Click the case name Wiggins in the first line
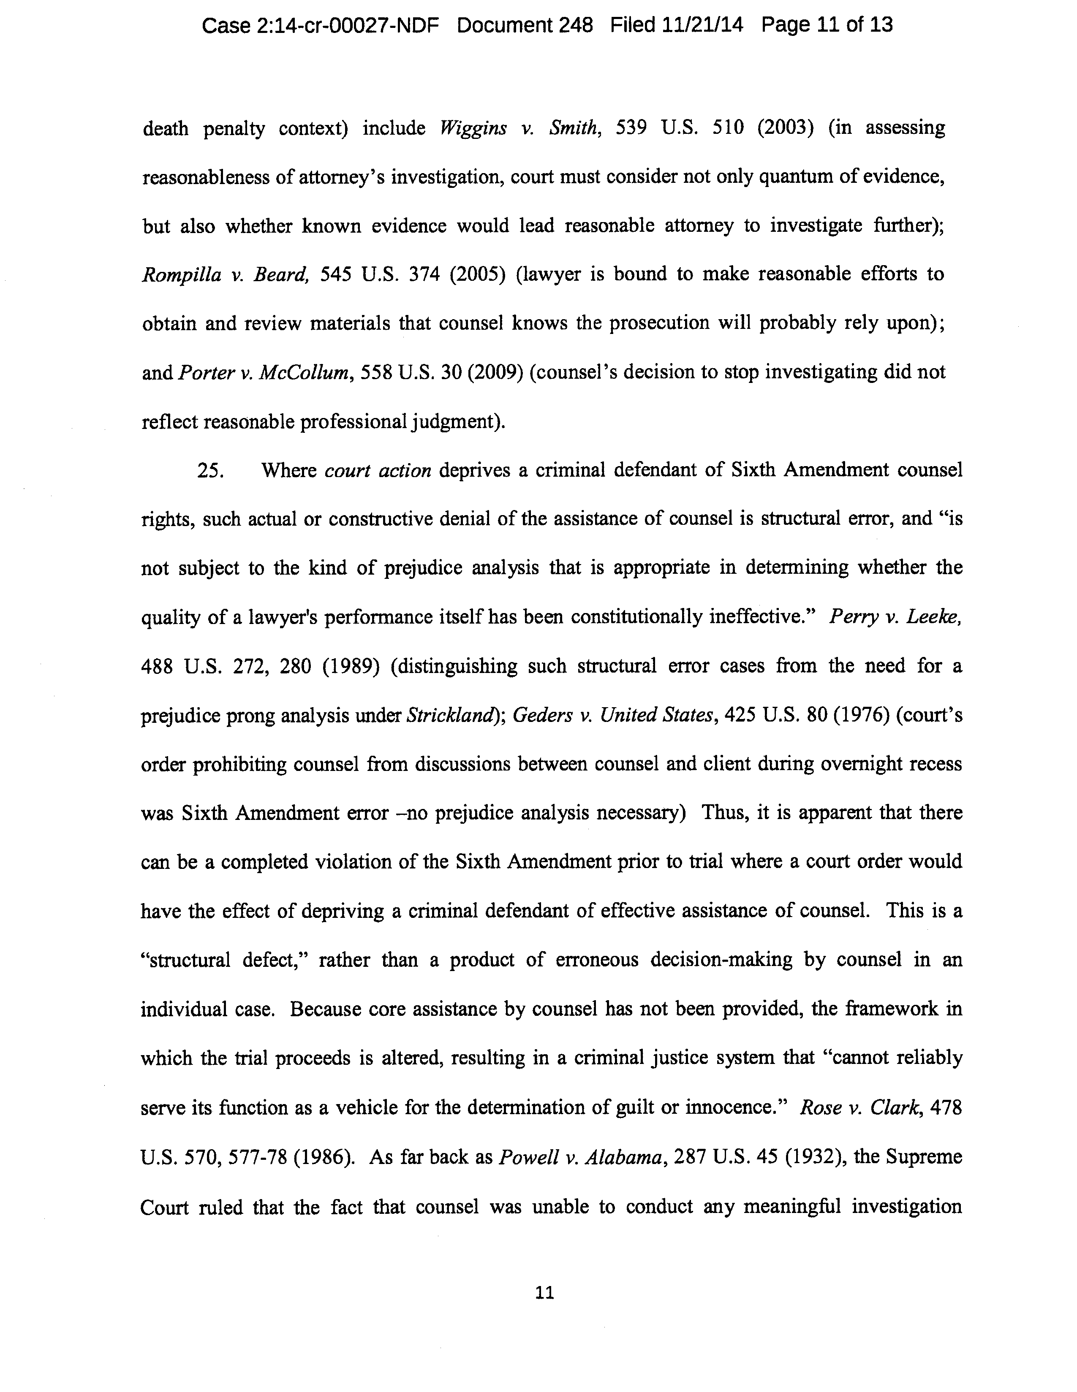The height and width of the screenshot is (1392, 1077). (473, 128)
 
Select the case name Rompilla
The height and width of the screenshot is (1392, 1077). (181, 275)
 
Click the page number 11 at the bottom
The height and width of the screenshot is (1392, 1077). (545, 1293)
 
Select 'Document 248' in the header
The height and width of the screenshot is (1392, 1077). (525, 25)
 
